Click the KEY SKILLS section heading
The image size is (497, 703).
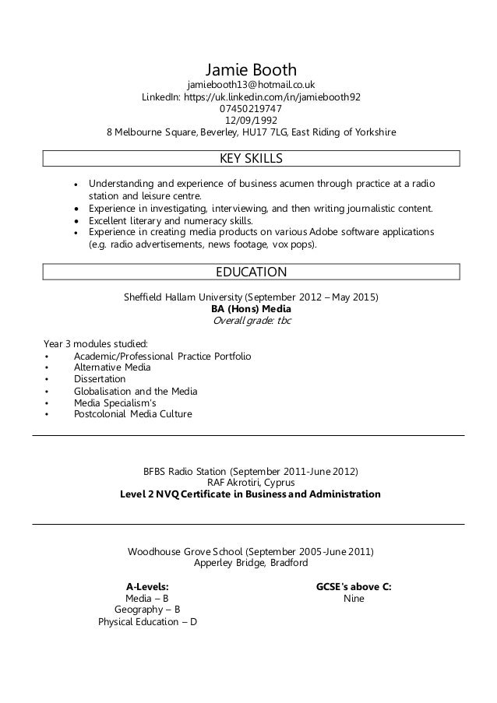pos(251,159)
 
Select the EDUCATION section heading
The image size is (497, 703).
pos(251,272)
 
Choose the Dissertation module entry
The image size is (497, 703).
pos(99,379)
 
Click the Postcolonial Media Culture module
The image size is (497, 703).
pos(132,414)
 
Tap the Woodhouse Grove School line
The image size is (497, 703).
pos(251,551)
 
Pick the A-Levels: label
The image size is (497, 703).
pos(147,586)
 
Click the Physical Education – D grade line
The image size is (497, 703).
pos(147,622)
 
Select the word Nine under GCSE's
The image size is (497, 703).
pos(353,599)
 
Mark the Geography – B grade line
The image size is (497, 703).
pos(147,610)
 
